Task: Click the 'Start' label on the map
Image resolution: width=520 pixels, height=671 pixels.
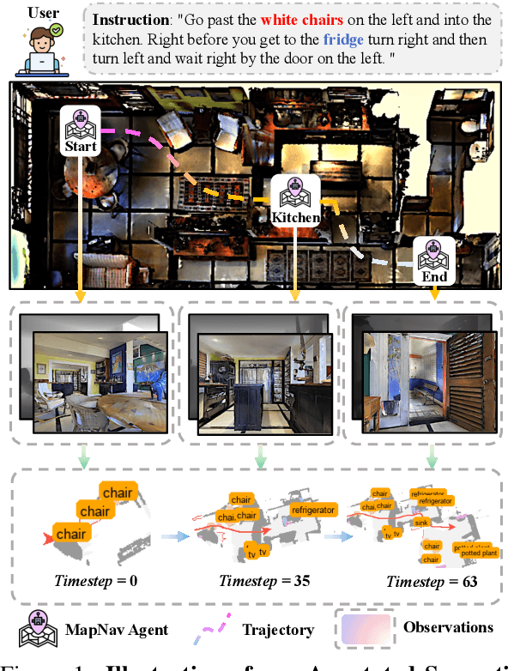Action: point(80,147)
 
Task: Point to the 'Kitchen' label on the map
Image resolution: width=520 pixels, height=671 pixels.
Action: point(295,217)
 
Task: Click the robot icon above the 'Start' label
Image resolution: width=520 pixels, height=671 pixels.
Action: point(80,123)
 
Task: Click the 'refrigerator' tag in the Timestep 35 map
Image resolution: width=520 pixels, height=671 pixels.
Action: point(313,510)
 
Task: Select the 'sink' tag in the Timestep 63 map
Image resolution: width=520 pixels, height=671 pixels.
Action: point(420,521)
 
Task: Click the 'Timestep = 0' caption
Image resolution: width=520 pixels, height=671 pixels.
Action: point(96,581)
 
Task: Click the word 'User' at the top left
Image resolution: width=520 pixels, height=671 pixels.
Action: point(42,13)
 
